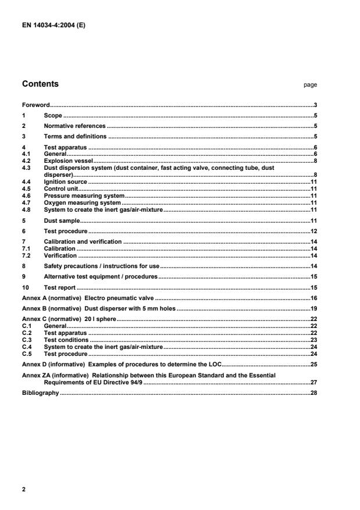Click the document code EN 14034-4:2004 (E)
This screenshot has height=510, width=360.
click(x=54, y=25)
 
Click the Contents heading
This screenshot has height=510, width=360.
click(x=40, y=84)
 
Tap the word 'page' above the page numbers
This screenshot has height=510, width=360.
click(x=310, y=85)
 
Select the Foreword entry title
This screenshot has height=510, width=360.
click(x=35, y=105)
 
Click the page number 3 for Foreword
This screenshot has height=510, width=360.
click(x=315, y=105)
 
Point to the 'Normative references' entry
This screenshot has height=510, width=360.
click(x=75, y=126)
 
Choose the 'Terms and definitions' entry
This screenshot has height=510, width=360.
click(x=75, y=136)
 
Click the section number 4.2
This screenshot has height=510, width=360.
click(x=26, y=160)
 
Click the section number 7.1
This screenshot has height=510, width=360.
click(x=26, y=248)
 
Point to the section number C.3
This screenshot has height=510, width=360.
click(x=26, y=340)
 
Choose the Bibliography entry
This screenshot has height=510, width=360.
click(x=41, y=393)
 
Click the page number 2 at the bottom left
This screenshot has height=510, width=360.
click(x=24, y=489)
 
